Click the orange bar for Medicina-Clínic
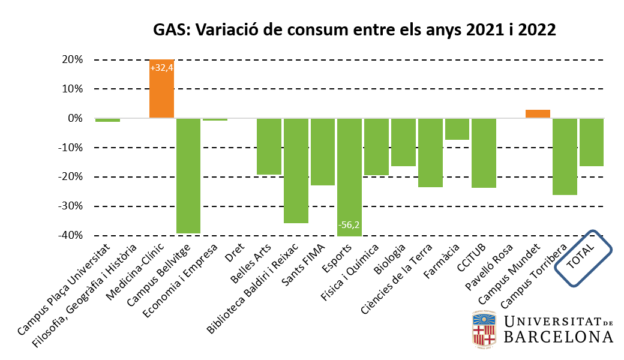161,90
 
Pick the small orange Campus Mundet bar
538,114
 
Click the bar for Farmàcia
457,129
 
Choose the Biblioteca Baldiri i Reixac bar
296,170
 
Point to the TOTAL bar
592,142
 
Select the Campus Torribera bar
565,157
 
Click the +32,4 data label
161,68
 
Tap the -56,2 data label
349,225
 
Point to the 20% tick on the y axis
72,59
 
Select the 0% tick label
74,118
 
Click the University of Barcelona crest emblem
482,329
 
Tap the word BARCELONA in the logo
558,337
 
